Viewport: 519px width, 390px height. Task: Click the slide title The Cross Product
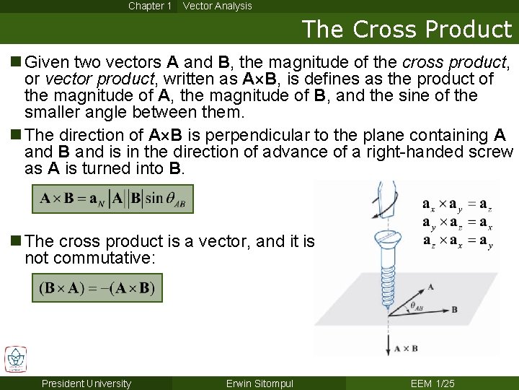pyautogui.click(x=407, y=30)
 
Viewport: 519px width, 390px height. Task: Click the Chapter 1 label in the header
pyautogui.click(x=150, y=6)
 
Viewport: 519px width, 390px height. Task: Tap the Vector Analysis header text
pyautogui.click(x=217, y=6)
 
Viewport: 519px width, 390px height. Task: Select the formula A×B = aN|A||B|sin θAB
pyautogui.click(x=112, y=199)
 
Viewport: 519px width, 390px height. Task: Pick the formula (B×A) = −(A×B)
pyautogui.click(x=97, y=288)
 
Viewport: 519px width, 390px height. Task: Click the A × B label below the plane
pyautogui.click(x=406, y=349)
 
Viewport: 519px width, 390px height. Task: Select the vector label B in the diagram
pyautogui.click(x=454, y=309)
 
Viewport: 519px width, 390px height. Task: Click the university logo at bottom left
pyautogui.click(x=16, y=360)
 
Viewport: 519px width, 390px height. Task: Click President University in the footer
pyautogui.click(x=86, y=383)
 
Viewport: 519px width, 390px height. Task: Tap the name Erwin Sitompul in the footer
pyautogui.click(x=259, y=383)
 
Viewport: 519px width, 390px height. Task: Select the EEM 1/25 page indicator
pyautogui.click(x=432, y=383)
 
